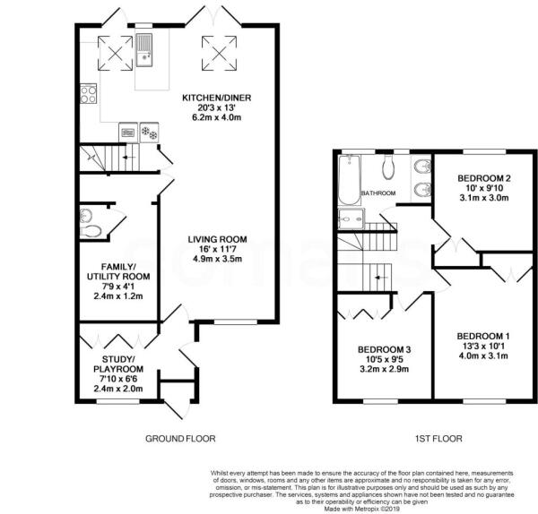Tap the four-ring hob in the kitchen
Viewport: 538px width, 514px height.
(88, 92)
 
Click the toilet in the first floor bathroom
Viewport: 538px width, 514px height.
(387, 167)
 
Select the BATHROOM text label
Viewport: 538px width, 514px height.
(378, 193)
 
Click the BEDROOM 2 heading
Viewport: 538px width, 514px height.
(483, 177)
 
